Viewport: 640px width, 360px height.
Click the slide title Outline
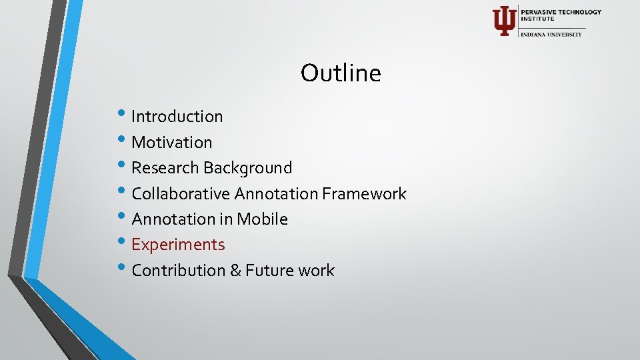point(341,73)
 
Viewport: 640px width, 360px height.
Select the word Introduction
point(177,117)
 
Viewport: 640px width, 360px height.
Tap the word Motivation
point(172,142)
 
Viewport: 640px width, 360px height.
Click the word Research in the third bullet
point(165,168)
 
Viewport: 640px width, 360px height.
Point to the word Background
point(248,168)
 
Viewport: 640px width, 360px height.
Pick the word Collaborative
point(181,194)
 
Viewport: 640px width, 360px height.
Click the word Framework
point(364,194)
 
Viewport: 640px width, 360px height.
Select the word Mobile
point(261,219)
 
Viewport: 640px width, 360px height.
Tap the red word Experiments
point(178,245)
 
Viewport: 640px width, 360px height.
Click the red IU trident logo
point(503,21)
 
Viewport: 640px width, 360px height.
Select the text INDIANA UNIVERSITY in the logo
point(551,35)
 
